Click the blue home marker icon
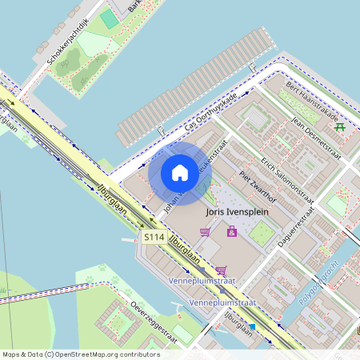180,173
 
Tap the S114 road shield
154,238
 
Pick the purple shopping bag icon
232,231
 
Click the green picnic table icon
341,126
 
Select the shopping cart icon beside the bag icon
206,231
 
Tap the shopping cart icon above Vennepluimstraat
221,270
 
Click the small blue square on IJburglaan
253,326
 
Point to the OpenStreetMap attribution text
70,354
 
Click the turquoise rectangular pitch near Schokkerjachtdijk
108,18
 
